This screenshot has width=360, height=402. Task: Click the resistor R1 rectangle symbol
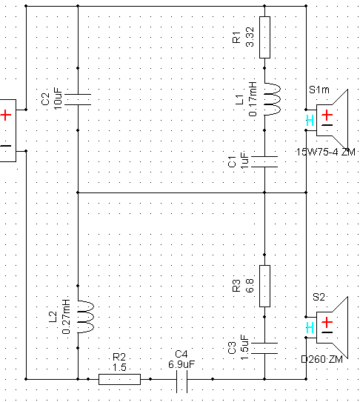(x=264, y=38)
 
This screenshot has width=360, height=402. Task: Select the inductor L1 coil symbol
(x=273, y=99)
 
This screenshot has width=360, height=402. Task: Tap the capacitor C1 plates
(x=264, y=161)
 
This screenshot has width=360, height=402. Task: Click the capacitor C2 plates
(x=78, y=99)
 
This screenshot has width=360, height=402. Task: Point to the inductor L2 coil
(x=86, y=317)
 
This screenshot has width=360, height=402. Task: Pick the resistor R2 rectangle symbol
(x=119, y=379)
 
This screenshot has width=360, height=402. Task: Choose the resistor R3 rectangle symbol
(x=264, y=286)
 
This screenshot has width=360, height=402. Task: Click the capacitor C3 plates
(x=264, y=348)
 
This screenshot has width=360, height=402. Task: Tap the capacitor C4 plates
(x=181, y=381)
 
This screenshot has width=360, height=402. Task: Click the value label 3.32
(x=250, y=37)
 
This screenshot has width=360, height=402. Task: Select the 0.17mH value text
(x=253, y=99)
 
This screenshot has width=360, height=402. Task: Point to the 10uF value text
(x=58, y=98)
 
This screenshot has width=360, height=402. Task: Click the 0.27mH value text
(x=66, y=317)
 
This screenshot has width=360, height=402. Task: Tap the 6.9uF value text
(x=181, y=364)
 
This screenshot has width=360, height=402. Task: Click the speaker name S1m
(x=319, y=90)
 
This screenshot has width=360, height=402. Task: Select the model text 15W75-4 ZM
(x=326, y=152)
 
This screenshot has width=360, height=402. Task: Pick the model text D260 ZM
(x=321, y=360)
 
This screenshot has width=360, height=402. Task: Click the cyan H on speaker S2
(x=310, y=328)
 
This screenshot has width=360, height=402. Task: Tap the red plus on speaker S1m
(x=327, y=115)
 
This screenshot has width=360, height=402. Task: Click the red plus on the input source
(x=6, y=115)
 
